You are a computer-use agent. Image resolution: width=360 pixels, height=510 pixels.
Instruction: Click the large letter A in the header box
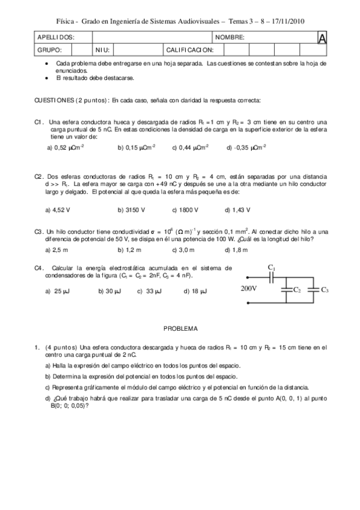click(322, 38)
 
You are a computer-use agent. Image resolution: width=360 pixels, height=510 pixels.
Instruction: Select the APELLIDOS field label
click(56, 37)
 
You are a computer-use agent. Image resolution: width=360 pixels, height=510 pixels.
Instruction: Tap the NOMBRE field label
click(230, 37)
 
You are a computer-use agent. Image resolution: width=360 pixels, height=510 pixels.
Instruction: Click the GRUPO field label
click(50, 49)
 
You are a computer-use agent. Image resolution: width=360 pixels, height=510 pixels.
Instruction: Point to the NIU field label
click(102, 49)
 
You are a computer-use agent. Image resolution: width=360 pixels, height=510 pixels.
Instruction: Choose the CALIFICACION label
click(189, 49)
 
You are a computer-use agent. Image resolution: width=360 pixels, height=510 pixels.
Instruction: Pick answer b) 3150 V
click(131, 210)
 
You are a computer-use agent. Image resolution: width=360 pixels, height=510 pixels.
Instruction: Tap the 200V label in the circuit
click(249, 288)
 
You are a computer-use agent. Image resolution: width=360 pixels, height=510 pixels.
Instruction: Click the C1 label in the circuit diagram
click(271, 266)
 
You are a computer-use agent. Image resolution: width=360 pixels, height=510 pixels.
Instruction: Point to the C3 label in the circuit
click(325, 290)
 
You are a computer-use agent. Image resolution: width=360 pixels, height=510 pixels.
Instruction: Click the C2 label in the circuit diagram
click(296, 290)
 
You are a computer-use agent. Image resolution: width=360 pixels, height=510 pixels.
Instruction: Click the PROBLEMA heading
click(180, 329)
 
